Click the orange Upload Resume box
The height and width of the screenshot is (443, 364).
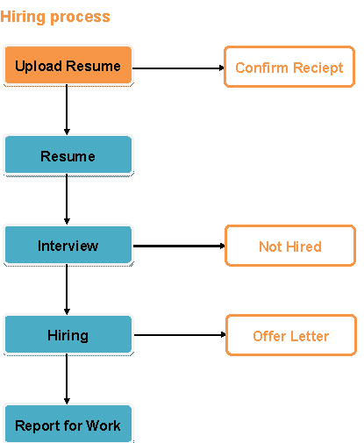coord(68,65)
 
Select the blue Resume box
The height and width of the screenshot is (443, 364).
coord(68,155)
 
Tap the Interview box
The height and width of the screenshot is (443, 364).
coord(68,245)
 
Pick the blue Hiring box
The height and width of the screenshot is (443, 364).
coord(68,334)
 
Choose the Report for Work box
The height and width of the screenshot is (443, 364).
coord(68,424)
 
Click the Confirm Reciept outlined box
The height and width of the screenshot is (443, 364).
coord(289,67)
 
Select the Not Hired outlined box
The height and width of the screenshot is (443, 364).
coord(290,246)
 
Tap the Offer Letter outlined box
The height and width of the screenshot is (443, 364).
coord(291,335)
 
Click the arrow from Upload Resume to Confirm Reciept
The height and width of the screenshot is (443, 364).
coord(178,68)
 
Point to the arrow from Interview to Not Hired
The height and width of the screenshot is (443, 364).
coord(179,246)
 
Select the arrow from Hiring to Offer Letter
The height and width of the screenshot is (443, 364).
coord(180,335)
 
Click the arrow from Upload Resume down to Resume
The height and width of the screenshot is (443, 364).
coord(67,110)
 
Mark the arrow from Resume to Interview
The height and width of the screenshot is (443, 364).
coord(67,199)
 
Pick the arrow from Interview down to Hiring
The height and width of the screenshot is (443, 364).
coord(67,289)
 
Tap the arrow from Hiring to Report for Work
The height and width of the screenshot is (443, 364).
coord(67,379)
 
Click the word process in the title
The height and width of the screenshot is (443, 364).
coord(80,18)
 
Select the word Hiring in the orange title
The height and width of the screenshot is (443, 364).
coord(23,17)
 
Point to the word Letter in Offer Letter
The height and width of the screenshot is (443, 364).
coord(310,336)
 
